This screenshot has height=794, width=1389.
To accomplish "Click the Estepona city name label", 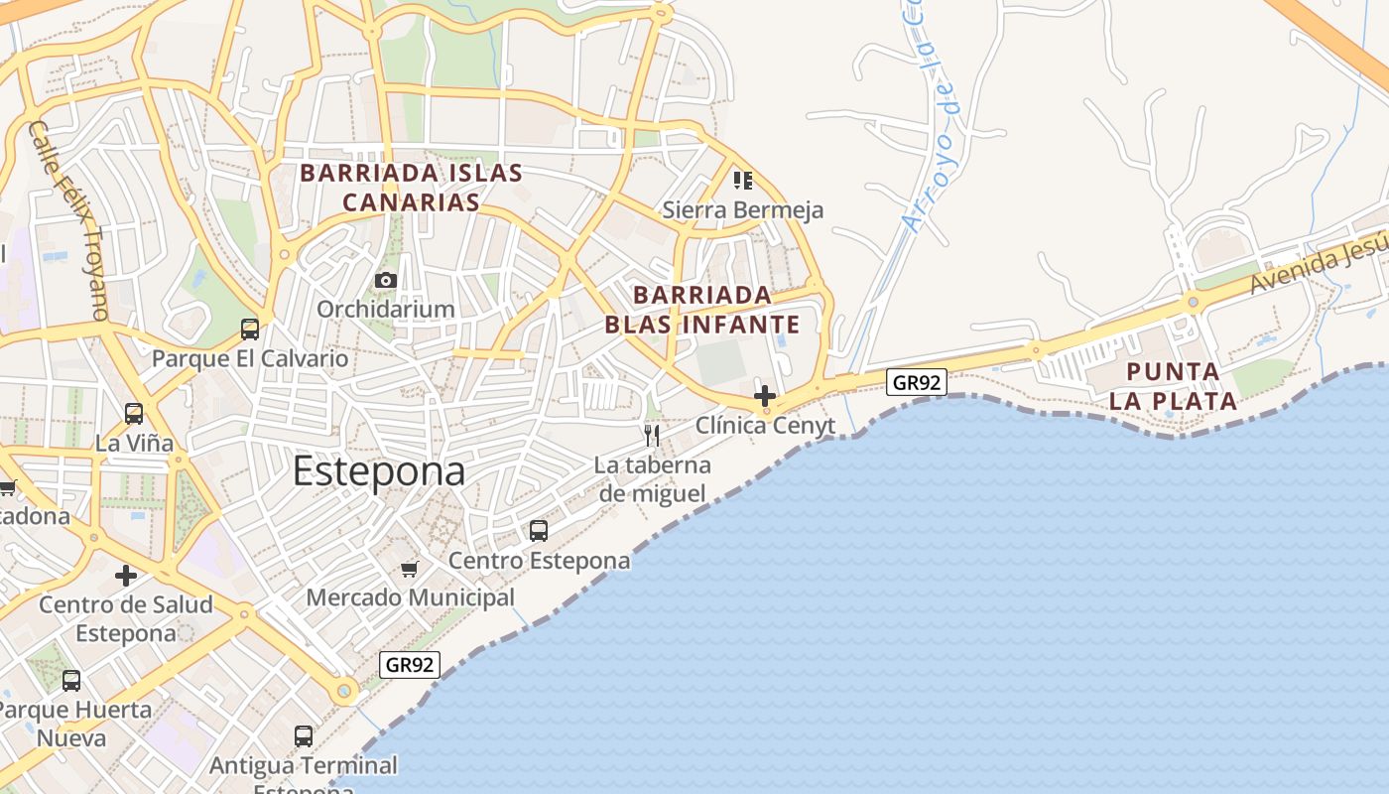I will (378, 471).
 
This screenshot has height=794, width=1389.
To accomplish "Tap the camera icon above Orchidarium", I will (386, 281).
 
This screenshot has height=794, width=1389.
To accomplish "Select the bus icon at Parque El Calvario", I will (250, 330).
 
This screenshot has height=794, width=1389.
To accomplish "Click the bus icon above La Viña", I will (134, 414).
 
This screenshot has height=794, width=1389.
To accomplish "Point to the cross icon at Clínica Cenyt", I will (764, 396).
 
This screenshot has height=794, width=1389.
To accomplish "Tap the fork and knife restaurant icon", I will (652, 436).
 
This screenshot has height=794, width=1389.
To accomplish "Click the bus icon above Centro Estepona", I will (539, 531).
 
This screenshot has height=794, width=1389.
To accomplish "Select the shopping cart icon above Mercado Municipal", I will (410, 569).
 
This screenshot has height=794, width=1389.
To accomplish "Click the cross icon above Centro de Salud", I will (126, 576).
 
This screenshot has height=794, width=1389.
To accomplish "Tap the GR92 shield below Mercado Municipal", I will (410, 665).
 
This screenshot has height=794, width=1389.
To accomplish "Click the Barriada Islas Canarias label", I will (411, 188).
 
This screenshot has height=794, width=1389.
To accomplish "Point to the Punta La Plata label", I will (1173, 386).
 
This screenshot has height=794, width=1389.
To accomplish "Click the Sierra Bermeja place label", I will (743, 210).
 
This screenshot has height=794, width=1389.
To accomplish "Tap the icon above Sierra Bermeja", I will (743, 181).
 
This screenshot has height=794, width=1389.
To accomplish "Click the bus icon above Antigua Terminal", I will (304, 736).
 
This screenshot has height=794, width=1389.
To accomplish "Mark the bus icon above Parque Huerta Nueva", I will (71, 681).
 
